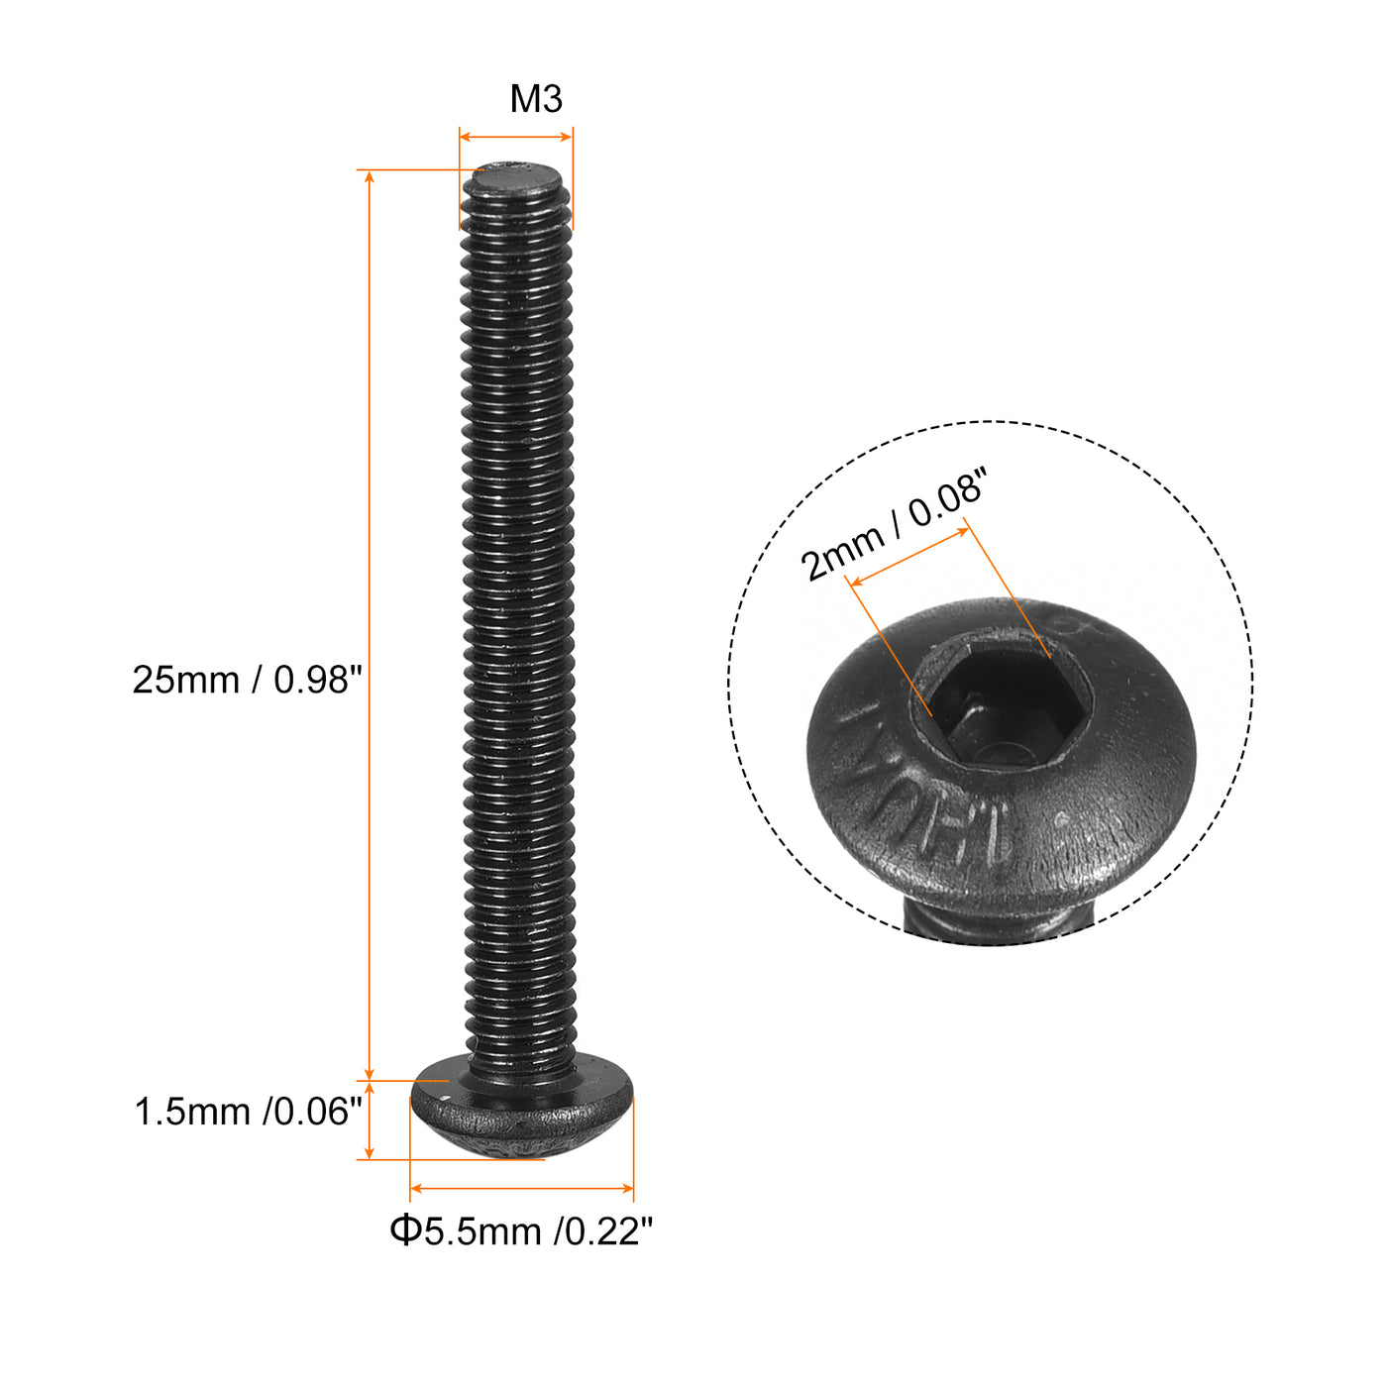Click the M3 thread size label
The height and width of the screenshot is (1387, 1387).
[x=536, y=99]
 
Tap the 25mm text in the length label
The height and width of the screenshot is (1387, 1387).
[x=186, y=681]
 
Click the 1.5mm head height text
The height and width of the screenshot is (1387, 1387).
[x=192, y=1113]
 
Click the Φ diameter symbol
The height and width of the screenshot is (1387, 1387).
[x=404, y=1231]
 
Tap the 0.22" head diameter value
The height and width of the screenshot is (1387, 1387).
[x=604, y=1232]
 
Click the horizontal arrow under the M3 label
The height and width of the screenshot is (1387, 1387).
[x=516, y=138]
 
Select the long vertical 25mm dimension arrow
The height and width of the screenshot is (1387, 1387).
[x=370, y=624]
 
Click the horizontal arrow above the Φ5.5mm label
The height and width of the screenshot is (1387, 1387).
[x=521, y=1188]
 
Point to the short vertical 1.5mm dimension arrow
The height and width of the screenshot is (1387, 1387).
[x=370, y=1120]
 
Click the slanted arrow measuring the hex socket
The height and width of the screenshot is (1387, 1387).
[x=909, y=557]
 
